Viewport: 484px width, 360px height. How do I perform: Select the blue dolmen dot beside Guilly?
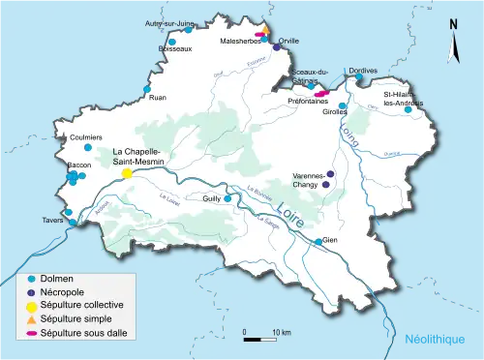pos(227,198)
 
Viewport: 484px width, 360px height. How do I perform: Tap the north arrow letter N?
pos(453,25)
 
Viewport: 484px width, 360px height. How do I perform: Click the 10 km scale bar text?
pos(281,332)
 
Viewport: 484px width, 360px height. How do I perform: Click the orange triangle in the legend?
pos(31,319)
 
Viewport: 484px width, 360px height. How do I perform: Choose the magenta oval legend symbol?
pos(31,334)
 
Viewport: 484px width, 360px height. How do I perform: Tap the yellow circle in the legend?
pos(31,305)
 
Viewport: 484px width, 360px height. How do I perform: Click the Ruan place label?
pos(157,97)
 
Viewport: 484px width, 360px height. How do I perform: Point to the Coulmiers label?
pos(85,137)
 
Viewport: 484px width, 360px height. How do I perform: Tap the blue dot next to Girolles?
pos(342,105)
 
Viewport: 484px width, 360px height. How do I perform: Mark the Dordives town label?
pos(363,72)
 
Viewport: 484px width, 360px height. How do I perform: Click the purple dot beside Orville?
pos(276,47)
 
